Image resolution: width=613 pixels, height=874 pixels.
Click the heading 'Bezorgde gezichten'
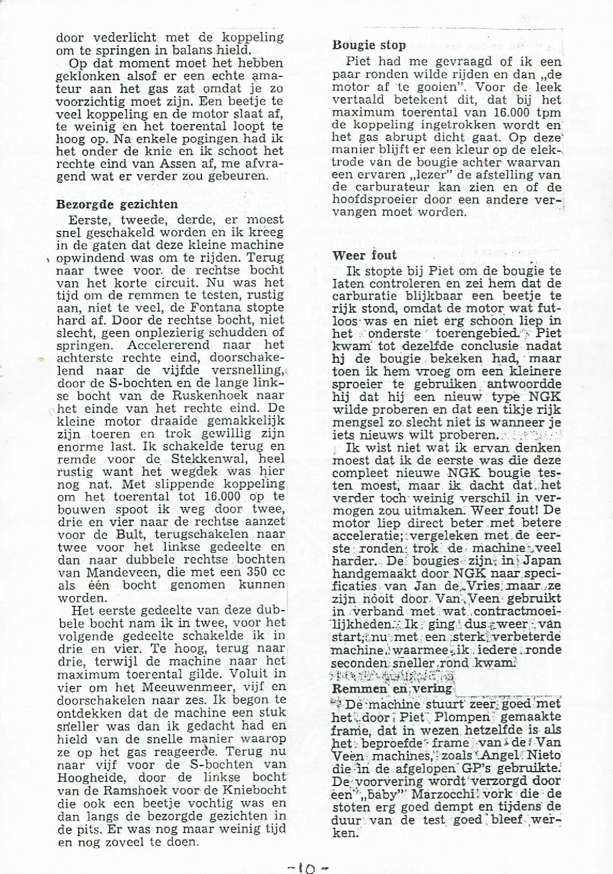point(117,204)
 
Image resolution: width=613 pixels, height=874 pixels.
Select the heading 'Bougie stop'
point(369,45)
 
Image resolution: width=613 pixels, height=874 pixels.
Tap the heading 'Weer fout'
point(365,255)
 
